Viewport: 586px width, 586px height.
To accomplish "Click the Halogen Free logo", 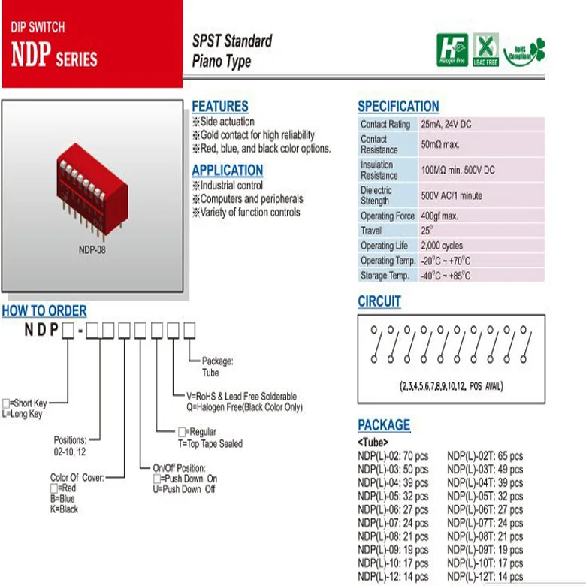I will pos(452,50).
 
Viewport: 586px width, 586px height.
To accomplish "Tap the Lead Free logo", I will pos(485,50).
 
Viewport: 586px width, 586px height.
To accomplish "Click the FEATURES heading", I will pos(219,107).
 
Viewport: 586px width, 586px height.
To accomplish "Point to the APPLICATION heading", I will pos(227,170).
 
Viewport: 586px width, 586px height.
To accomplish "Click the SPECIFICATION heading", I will pos(398,107).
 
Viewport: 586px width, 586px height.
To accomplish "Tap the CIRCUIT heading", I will pos(379,301).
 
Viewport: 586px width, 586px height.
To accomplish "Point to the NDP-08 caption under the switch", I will pos(92,250).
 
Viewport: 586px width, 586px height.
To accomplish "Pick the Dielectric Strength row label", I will pos(376,195).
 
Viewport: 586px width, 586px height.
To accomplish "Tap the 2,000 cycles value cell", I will pos(442,246).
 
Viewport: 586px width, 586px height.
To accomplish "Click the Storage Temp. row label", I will pos(385,276).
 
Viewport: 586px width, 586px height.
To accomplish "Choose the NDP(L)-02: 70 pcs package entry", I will pos(392,456).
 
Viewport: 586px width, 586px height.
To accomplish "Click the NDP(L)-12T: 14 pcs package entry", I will pos(485,576).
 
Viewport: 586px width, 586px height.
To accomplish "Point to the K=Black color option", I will pos(65,509).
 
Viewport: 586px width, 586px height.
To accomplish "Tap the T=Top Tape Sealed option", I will pos(210,444).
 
